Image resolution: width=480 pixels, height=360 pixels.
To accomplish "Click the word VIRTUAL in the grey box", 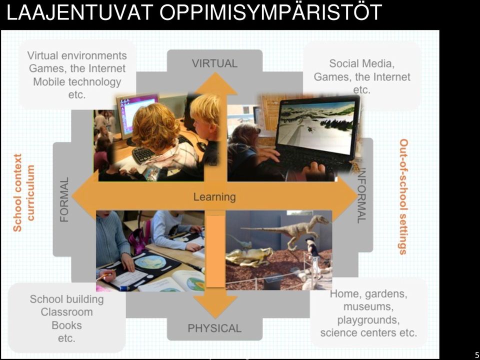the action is point(214,63).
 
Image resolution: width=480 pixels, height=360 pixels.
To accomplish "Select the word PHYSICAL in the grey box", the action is point(214,328).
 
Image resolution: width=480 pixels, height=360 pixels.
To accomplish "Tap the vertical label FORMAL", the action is point(64,199).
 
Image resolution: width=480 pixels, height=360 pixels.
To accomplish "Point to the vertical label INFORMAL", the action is point(362,195).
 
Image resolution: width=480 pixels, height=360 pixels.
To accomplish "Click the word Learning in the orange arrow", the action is point(214,197).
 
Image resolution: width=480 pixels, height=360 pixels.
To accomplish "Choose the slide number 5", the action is point(476,354).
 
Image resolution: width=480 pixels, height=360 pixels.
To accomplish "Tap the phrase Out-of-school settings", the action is point(404,197).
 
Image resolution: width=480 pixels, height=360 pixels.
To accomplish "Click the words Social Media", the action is point(362,63).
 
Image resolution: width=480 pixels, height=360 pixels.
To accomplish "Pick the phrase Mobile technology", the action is point(77,82).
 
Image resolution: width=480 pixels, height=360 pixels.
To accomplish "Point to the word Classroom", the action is point(66,312).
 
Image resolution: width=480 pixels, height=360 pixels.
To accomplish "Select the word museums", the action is point(368,306).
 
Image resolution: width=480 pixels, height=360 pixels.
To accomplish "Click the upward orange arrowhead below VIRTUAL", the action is point(216,83).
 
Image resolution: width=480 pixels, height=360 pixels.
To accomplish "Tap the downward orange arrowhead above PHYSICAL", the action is point(215,304).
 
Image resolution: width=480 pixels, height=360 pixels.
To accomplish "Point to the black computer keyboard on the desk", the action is point(144,155).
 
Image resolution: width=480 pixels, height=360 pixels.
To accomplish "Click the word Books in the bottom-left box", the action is point(66,325).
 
